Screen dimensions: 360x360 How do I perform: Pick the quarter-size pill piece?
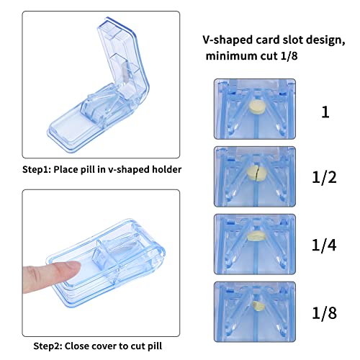(x=257, y=236)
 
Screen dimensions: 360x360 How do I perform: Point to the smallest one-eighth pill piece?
(x=258, y=306)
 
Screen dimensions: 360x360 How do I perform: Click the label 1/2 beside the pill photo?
(x=324, y=178)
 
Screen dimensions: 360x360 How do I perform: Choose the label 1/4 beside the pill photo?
(x=324, y=245)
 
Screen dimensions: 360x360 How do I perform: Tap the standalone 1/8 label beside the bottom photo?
(x=324, y=312)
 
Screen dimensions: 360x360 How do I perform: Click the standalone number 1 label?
(x=325, y=112)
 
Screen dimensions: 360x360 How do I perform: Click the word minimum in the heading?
(x=230, y=56)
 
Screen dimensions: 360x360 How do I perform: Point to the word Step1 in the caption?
(x=37, y=170)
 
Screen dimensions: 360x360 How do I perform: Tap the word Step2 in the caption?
(x=48, y=346)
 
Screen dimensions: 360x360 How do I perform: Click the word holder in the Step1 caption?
(x=167, y=169)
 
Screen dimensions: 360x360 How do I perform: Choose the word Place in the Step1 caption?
(x=66, y=169)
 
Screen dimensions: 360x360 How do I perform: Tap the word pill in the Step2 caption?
(x=155, y=346)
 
